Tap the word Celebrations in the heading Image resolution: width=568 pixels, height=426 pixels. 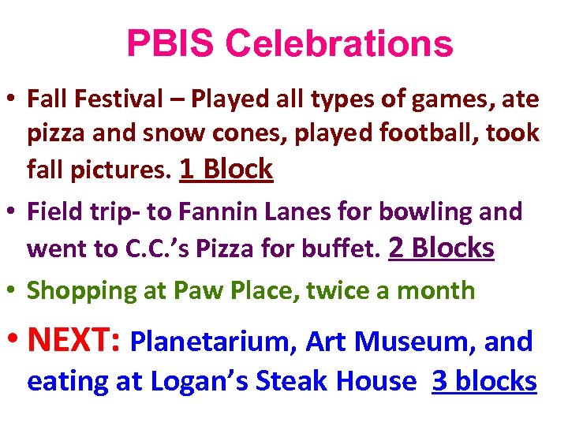339,44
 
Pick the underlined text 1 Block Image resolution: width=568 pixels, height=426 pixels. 226,169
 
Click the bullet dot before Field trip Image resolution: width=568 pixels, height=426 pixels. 12,211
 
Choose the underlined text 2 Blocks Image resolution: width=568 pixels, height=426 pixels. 442,248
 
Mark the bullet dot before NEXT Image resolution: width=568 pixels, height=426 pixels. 13,340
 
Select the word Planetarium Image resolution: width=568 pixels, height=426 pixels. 212,342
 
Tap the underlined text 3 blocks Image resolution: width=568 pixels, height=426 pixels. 484,382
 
